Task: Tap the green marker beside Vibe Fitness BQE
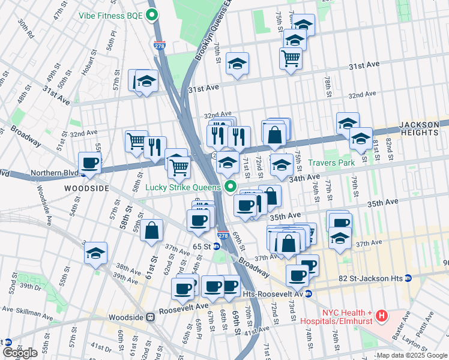coord(152,16)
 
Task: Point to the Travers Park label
coord(332,162)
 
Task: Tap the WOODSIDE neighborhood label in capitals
coord(87,188)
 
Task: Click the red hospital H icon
coord(382,314)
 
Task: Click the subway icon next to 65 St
coord(216,246)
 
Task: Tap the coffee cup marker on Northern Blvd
coord(90,163)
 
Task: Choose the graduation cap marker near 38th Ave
coord(95,254)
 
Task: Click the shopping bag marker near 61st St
coord(152,230)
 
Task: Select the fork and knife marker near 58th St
coord(155,146)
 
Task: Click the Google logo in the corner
coord(20,353)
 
